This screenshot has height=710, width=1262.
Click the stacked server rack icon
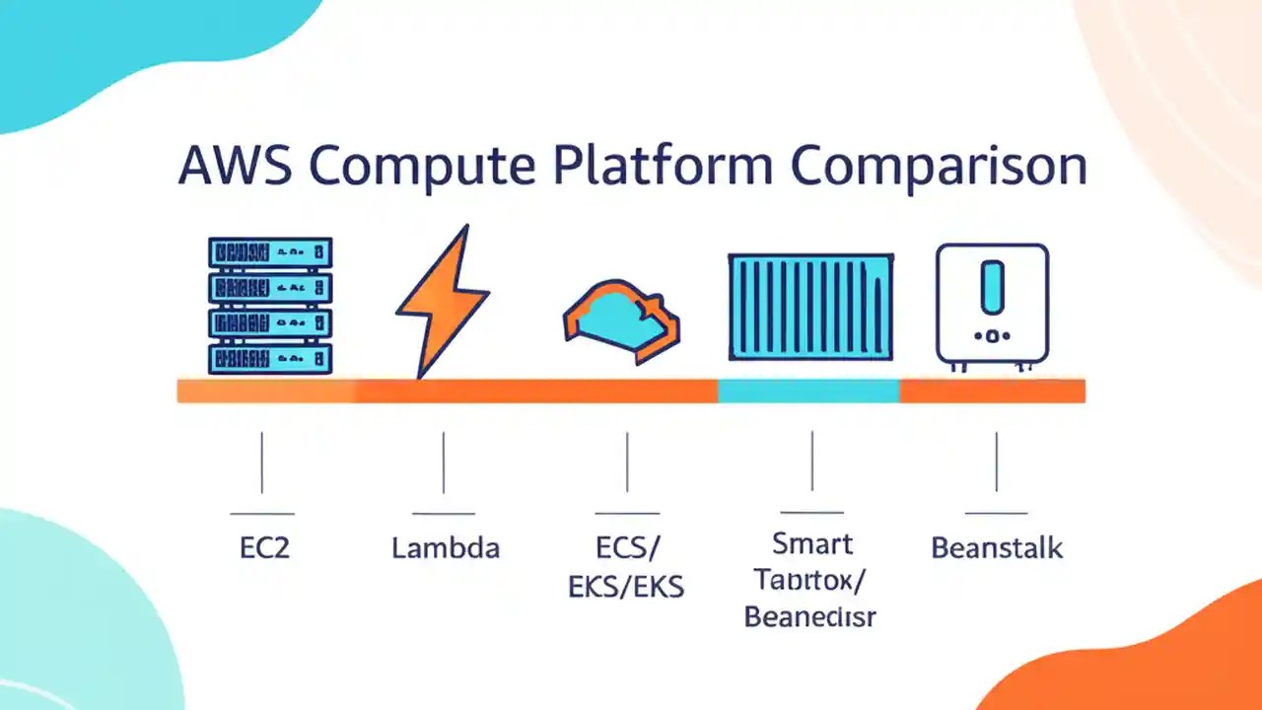click(270, 305)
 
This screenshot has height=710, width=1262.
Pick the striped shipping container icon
click(811, 307)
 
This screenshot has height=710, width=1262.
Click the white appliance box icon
click(992, 304)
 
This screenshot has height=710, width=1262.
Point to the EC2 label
click(264, 548)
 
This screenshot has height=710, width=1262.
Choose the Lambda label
click(446, 548)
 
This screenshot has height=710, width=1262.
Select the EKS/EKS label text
click(626, 587)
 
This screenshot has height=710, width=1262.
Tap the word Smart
click(812, 543)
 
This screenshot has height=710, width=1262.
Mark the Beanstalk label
click(997, 548)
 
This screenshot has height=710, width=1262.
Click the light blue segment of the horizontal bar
click(808, 390)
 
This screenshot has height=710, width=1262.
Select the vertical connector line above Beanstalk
click(996, 461)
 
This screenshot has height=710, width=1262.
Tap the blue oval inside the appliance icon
click(992, 286)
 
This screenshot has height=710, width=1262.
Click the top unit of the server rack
click(270, 253)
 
